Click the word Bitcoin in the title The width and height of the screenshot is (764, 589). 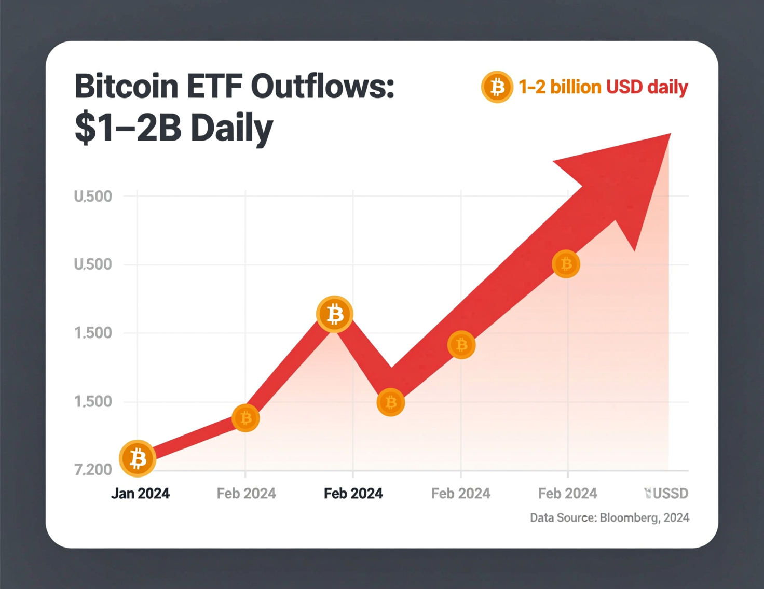point(127,86)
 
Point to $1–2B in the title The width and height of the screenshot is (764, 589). point(128,128)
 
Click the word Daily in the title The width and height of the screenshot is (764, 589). point(231,129)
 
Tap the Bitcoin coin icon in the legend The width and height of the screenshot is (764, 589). point(497,87)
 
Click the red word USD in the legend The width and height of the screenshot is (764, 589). point(625,87)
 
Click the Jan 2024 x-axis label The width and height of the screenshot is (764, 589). point(140,493)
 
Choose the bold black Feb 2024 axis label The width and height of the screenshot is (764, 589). point(353,493)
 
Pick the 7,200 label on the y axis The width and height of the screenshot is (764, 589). point(93,470)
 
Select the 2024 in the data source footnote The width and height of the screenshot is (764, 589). point(676,517)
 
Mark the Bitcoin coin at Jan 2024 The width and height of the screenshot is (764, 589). point(138,458)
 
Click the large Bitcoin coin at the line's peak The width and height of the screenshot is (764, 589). point(335,314)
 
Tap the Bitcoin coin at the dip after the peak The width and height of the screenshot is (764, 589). point(390,402)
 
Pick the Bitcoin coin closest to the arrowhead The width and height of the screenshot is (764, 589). point(566,264)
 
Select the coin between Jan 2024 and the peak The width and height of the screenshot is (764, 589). point(245,417)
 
